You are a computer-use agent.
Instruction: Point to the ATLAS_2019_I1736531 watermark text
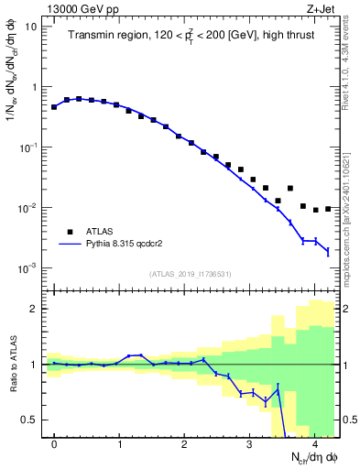tap(190, 274)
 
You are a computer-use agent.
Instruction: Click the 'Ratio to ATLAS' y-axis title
tap(14, 364)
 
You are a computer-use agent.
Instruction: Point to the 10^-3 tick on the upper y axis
tap(27, 268)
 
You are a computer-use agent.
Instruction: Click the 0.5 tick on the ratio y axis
tap(30, 420)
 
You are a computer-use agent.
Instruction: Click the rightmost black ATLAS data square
tap(328, 209)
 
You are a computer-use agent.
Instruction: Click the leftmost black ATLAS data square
tap(55, 107)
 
